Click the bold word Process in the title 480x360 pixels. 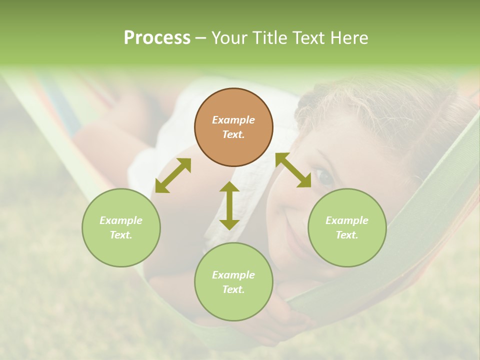click(x=157, y=38)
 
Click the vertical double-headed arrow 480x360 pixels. click(x=229, y=205)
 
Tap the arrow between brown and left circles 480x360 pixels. click(x=173, y=175)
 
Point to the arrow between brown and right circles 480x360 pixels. click(x=293, y=170)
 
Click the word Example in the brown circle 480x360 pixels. click(x=233, y=120)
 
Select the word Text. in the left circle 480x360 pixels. click(x=121, y=235)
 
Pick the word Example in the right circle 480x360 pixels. click(x=347, y=220)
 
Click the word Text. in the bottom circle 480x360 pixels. click(x=233, y=289)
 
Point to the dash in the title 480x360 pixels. click(x=200, y=38)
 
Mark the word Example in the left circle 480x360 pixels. click(x=121, y=220)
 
